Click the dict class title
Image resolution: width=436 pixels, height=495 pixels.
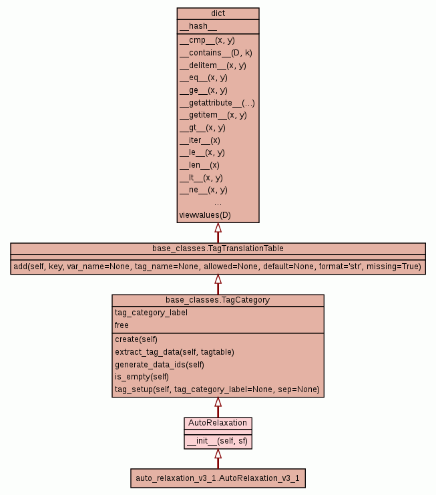pos(218,13)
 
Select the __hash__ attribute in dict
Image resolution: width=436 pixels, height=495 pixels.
pos(198,26)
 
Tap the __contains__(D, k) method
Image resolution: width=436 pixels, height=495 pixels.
pos(216,52)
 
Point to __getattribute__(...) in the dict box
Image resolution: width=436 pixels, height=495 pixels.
pos(217,102)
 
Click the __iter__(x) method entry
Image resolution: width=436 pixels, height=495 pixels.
pos(200,140)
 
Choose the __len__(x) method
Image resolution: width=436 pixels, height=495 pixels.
pos(199,165)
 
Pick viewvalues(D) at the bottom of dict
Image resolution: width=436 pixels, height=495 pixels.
pos(205,215)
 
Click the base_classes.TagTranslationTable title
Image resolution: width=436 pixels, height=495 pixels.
pos(218,249)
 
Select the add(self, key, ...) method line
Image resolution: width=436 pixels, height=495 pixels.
pos(218,267)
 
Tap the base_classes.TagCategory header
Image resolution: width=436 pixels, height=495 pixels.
pos(218,300)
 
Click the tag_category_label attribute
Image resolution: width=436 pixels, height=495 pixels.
pos(151,313)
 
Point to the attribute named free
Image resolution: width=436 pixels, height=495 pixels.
pos(122,325)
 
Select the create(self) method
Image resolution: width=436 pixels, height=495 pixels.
pos(136,339)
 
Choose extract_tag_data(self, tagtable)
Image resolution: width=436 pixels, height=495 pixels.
pos(174,351)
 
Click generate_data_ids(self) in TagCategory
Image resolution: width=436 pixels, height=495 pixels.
pos(159,364)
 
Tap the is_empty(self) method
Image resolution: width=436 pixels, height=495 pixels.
pos(141,377)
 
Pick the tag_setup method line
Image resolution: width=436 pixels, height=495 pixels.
pos(217,389)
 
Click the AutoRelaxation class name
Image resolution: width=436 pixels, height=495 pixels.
pos(218,423)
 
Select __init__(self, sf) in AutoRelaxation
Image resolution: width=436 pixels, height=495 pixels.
pos(218,441)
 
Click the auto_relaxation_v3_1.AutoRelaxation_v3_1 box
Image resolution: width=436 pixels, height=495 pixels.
pos(218,478)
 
